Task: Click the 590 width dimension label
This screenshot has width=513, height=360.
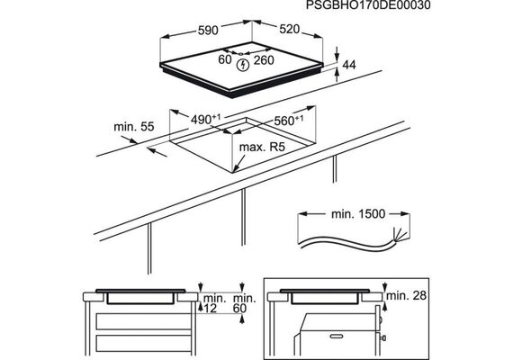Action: coord(208,31)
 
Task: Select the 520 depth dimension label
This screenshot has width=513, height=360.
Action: coord(289,29)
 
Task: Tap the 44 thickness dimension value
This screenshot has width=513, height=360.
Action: coord(349,65)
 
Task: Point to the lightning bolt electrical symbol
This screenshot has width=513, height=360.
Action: coord(243,65)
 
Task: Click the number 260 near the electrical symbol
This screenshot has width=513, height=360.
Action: coord(264,60)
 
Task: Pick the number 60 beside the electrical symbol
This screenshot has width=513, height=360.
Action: coord(225,59)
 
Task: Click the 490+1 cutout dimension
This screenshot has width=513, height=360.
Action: coord(206,119)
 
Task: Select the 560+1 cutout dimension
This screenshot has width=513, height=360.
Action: coord(289,121)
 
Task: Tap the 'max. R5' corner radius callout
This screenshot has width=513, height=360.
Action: coord(262,148)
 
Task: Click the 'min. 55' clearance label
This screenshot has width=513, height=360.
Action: coord(134,127)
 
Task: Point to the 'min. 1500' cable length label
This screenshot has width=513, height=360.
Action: coord(358,214)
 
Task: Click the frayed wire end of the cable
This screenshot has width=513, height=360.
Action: coord(400,235)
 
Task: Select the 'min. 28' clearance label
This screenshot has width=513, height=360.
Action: coord(406,295)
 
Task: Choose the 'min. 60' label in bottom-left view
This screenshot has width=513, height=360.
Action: coord(245,303)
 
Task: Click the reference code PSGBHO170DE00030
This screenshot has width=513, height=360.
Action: coord(368,5)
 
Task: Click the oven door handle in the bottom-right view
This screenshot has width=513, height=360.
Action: coord(339,336)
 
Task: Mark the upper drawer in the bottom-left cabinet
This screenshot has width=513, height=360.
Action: coord(144,321)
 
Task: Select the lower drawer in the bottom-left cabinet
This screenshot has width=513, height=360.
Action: coord(144,343)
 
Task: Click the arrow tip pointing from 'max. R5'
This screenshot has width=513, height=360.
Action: coord(234,171)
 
